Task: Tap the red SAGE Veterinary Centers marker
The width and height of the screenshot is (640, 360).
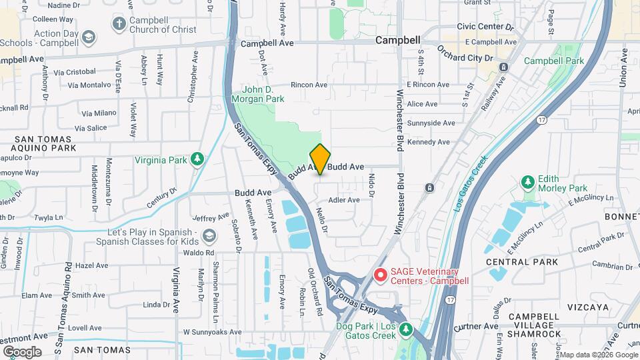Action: pos(381,275)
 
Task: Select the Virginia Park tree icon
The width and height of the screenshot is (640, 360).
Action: pos(197,159)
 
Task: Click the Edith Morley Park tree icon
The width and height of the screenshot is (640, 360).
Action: pos(528,181)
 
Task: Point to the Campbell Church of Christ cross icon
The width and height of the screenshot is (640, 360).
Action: pos(119,25)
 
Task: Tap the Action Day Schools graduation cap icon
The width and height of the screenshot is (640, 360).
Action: pos(89,38)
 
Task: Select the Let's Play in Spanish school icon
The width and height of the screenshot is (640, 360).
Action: pos(210,237)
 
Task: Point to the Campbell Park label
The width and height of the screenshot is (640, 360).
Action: pos(553,61)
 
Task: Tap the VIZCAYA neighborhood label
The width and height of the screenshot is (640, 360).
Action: pos(589,307)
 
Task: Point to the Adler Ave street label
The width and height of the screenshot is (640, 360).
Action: pos(344,199)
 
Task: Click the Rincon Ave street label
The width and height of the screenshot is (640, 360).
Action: pos(309,85)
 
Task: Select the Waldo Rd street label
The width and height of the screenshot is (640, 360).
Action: pos(201,253)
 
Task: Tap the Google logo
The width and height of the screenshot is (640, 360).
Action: pos(22,351)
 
